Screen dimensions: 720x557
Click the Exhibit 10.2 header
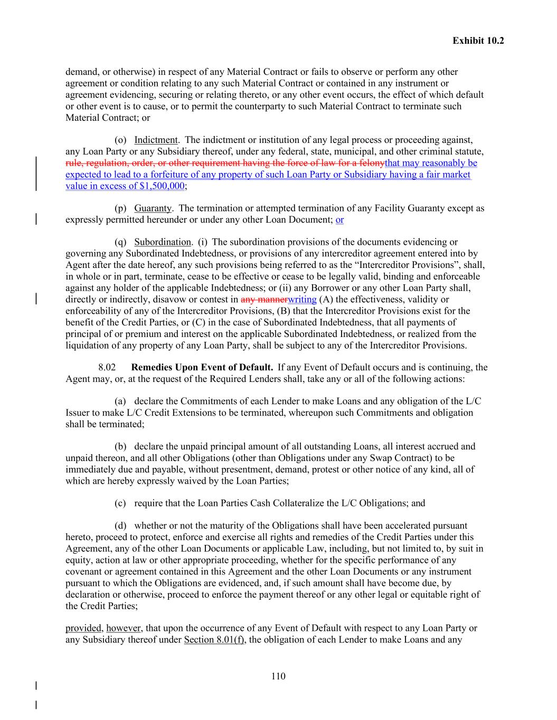click(478, 41)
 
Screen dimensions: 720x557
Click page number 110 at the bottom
click(278, 676)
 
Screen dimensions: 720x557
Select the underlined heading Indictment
click(156, 140)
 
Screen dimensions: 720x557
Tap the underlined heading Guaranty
click(153, 208)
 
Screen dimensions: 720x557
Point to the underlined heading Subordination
click(162, 242)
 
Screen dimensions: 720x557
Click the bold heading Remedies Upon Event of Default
click(202, 367)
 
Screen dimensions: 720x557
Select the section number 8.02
click(107, 367)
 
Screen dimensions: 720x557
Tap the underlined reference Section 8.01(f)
click(214, 640)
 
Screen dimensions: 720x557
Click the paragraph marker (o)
click(120, 140)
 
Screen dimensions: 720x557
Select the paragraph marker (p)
click(120, 208)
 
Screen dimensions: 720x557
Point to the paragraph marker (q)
click(120, 242)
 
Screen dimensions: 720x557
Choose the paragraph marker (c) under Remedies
click(120, 503)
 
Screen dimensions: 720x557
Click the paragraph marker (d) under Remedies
click(120, 525)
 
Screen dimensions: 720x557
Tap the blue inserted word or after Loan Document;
click(339, 219)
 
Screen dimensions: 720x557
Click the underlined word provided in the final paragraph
click(83, 628)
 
